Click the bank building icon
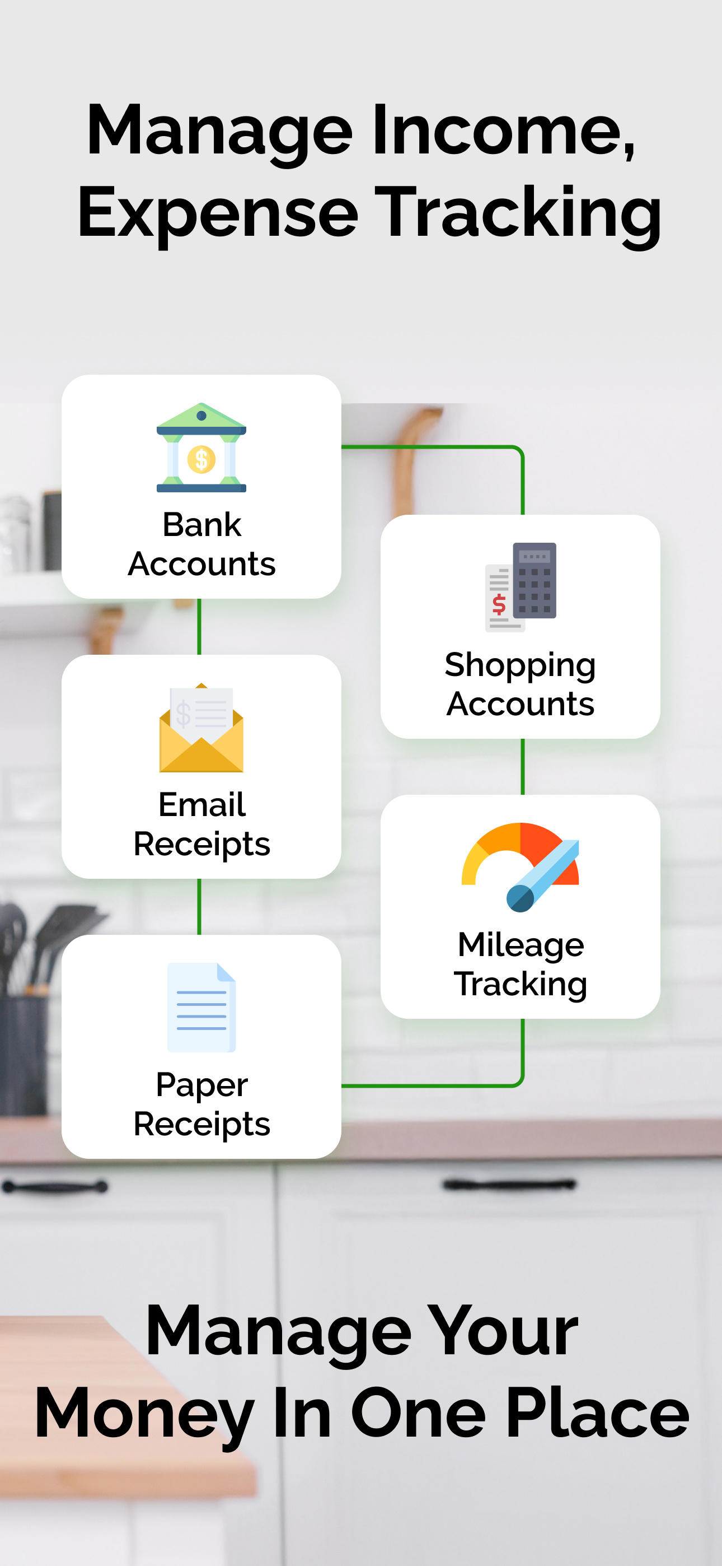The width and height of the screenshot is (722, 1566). tap(201, 448)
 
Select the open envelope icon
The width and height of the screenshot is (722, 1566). tap(201, 728)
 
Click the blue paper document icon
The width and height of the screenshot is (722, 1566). tap(201, 1008)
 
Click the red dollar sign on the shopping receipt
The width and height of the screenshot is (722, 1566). tap(499, 604)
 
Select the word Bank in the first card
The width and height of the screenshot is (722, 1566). tap(202, 524)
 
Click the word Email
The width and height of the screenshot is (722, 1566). tap(202, 804)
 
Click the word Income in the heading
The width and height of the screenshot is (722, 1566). tap(504, 130)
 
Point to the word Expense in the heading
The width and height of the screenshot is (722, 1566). tap(218, 212)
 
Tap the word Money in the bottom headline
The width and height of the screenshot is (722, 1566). tap(144, 1414)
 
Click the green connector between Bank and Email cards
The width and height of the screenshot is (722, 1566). tap(199, 627)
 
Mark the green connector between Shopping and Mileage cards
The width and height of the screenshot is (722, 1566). tap(523, 767)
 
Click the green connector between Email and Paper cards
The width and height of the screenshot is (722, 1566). tap(199, 906)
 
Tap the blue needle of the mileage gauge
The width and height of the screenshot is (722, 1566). tap(543, 876)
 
